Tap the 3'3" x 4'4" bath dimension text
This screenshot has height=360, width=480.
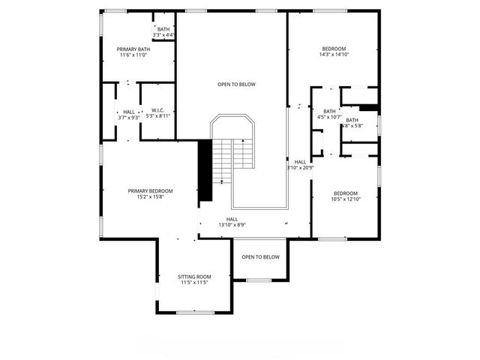[x=163, y=35]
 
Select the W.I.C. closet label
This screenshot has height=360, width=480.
[x=157, y=110]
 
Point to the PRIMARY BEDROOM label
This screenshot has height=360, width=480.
[x=150, y=190]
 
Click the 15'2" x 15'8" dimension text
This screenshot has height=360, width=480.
[x=150, y=197]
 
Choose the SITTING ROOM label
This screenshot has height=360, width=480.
[x=194, y=276]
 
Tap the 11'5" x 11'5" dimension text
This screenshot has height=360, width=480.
[x=194, y=283]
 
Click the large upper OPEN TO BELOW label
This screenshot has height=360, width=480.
[x=236, y=84]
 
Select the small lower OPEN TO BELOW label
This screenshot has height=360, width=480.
[x=260, y=257]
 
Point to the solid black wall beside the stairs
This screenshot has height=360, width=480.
[x=204, y=170]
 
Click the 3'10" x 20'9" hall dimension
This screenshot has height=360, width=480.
[x=300, y=168]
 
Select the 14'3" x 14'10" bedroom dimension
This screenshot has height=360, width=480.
[x=334, y=54]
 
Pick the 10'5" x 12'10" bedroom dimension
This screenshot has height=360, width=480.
[x=346, y=199]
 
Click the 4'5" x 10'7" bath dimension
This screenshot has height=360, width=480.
[x=329, y=117]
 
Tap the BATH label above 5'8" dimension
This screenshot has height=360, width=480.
[x=352, y=120]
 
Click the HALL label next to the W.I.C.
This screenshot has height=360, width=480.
[x=129, y=111]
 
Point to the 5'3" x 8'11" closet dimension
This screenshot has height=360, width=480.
[x=157, y=117]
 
